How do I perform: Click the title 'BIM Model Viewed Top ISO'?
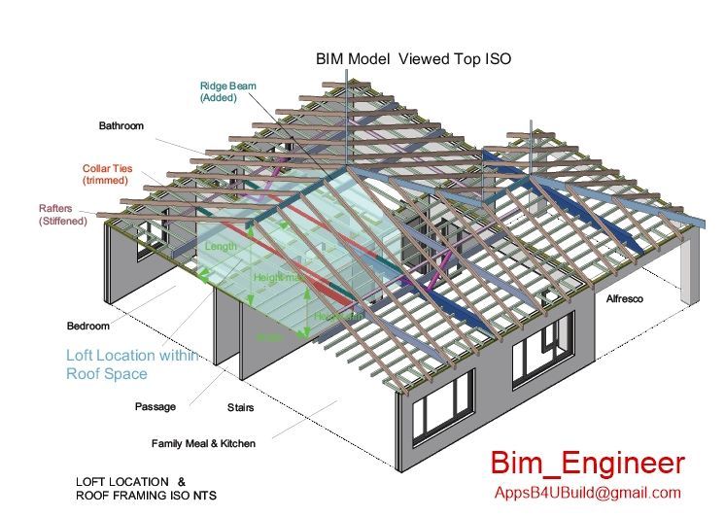(x=413, y=59)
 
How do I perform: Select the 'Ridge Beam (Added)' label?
(x=228, y=92)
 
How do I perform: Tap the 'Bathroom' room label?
(x=121, y=126)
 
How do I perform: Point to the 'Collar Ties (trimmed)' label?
(x=107, y=175)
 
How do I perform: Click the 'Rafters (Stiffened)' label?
(x=62, y=215)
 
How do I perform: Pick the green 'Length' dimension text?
(x=221, y=248)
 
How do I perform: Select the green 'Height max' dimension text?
(x=277, y=278)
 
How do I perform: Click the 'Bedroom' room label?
(x=88, y=326)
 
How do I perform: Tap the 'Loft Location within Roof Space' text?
(x=131, y=364)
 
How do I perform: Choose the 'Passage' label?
(x=155, y=406)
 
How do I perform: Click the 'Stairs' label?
(x=240, y=408)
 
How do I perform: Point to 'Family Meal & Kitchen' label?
(x=203, y=443)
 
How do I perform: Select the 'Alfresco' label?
(x=625, y=299)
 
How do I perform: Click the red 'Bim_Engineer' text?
(x=586, y=463)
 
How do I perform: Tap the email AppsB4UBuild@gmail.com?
(x=587, y=493)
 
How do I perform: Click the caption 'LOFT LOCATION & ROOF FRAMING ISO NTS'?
(x=146, y=489)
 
